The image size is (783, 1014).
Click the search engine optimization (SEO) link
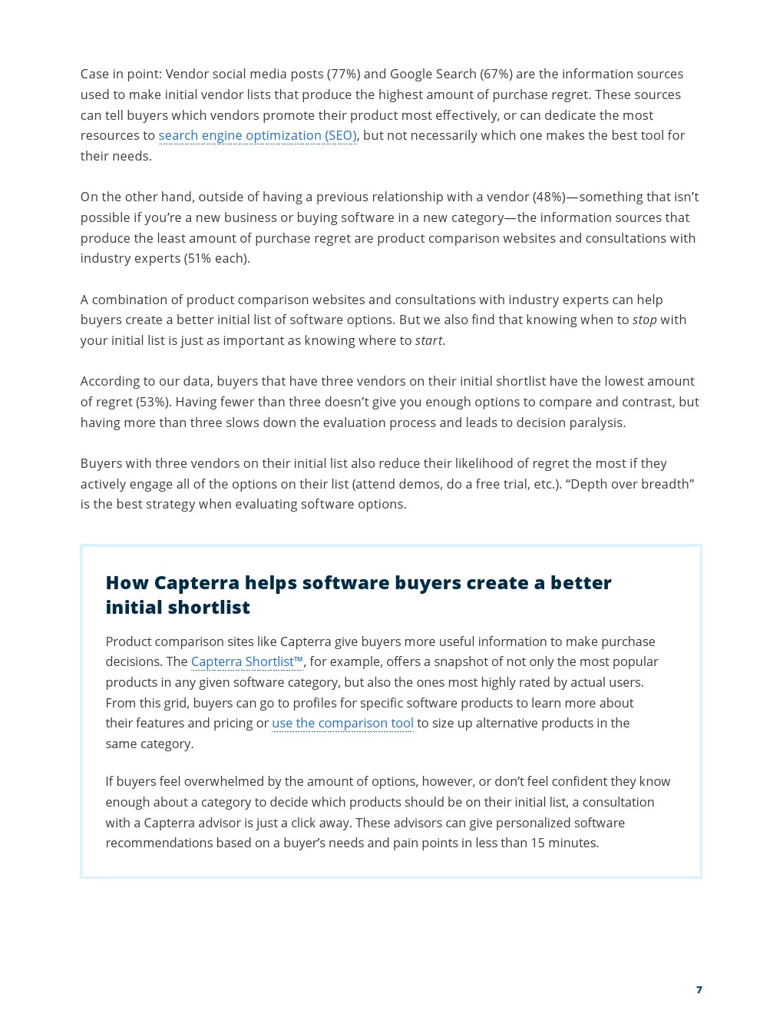pyautogui.click(x=257, y=136)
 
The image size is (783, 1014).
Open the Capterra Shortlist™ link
pyautogui.click(x=246, y=662)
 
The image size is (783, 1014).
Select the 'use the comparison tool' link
pyautogui.click(x=342, y=724)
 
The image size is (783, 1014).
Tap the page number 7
pyautogui.click(x=699, y=990)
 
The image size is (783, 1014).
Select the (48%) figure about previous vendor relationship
pyautogui.click(x=549, y=197)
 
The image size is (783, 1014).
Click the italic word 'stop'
pyautogui.click(x=644, y=320)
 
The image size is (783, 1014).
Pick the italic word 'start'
pyautogui.click(x=428, y=341)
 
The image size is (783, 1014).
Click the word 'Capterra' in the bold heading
pyautogui.click(x=197, y=583)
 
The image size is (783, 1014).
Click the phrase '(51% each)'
pyautogui.click(x=216, y=259)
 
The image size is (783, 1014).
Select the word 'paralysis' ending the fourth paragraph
pyautogui.click(x=597, y=423)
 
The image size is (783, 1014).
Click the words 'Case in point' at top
pyautogui.click(x=121, y=75)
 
